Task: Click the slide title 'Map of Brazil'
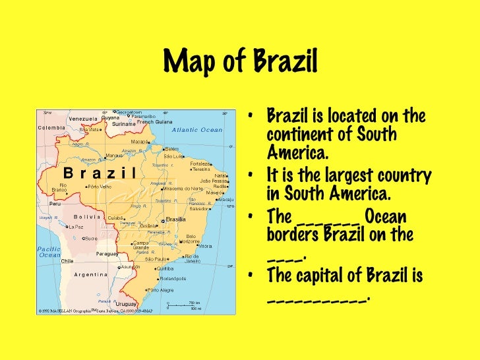240,63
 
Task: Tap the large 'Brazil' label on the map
99,173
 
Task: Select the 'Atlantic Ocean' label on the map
198,130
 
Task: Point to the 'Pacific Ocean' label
49,252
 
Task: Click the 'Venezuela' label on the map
83,119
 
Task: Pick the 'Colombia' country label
51,127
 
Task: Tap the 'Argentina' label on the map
91,274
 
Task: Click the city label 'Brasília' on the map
175,220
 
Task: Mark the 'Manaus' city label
113,156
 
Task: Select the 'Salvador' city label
200,208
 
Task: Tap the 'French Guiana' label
154,122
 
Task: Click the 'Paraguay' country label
107,253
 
